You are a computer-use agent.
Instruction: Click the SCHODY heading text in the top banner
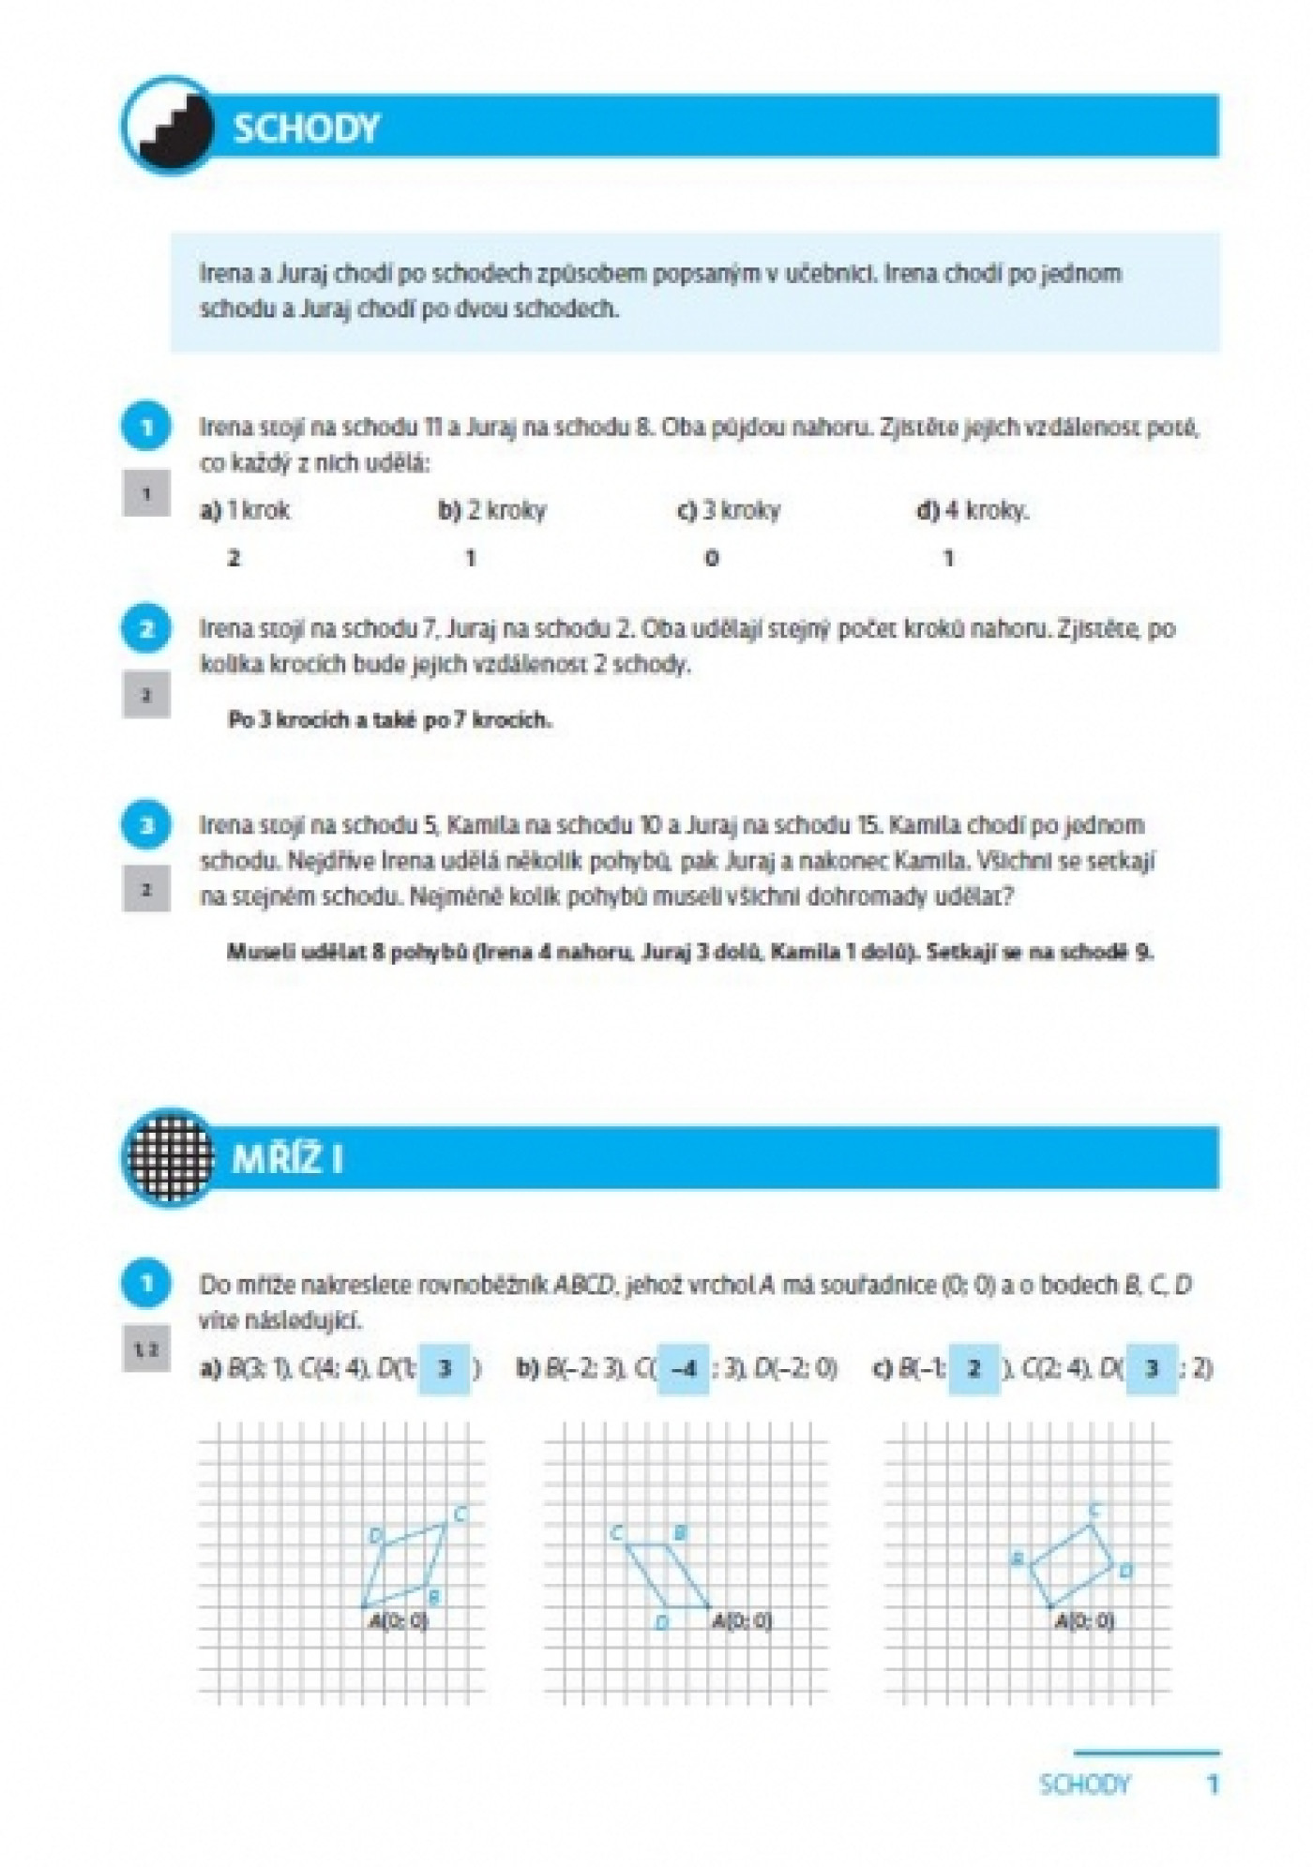[x=306, y=128]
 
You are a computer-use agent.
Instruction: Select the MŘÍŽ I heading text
[x=287, y=1159]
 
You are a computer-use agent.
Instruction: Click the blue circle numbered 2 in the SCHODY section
[x=146, y=628]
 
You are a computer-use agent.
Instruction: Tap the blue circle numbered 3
[x=146, y=825]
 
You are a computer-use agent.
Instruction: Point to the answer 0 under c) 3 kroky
[x=712, y=559]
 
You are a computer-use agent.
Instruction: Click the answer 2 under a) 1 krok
[x=234, y=559]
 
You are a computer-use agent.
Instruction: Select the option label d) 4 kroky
[x=972, y=511]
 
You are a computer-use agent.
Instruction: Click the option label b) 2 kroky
[x=491, y=511]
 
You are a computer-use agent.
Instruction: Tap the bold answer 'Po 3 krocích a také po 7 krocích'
[x=389, y=720]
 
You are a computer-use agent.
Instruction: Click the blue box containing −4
[x=684, y=1369]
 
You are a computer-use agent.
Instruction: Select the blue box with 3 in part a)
[x=445, y=1369]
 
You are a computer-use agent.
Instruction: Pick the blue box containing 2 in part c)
[x=973, y=1369]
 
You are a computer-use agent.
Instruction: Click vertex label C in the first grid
[x=460, y=1513]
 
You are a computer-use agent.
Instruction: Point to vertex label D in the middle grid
[x=662, y=1622]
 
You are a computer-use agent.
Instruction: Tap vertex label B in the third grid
[x=1017, y=1559]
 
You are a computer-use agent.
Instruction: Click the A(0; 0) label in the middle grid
[x=742, y=1620]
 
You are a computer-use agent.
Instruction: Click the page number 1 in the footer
[x=1213, y=1784]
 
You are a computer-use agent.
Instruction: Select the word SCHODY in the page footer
[x=1085, y=1784]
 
